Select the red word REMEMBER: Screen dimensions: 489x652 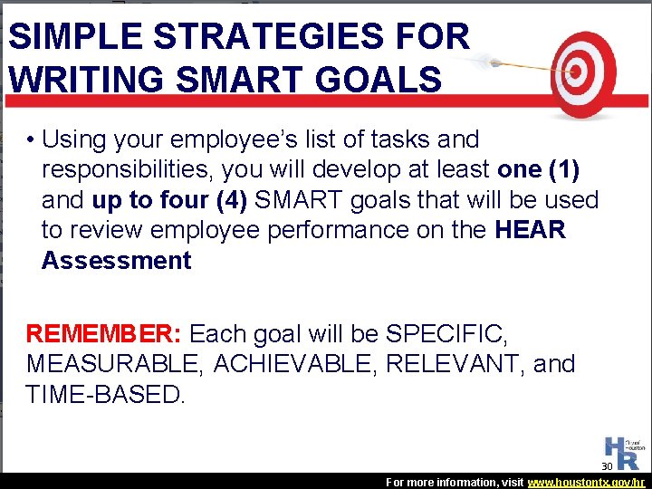[x=104, y=334]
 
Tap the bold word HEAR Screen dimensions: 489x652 [x=531, y=230]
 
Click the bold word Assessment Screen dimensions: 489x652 [x=116, y=261]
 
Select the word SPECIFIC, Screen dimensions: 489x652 [x=446, y=334]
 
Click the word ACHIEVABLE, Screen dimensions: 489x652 [x=300, y=364]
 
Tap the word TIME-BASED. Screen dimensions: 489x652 [x=105, y=395]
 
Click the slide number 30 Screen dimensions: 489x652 [x=608, y=466]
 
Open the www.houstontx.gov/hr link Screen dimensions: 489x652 [x=586, y=483]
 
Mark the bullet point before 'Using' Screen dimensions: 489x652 [x=31, y=140]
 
